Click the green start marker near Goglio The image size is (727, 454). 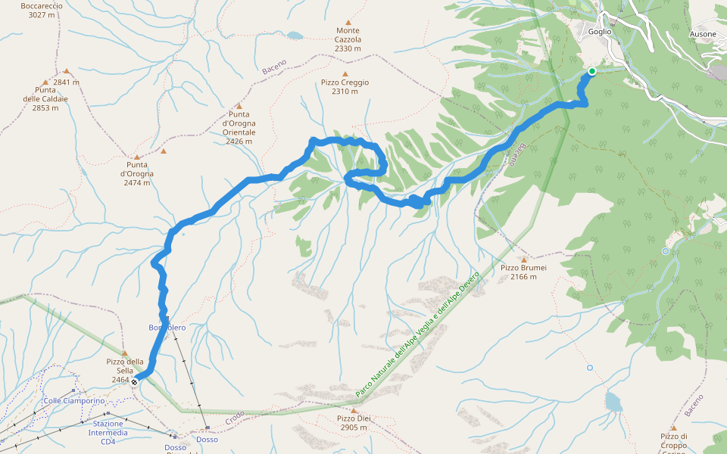(591, 72)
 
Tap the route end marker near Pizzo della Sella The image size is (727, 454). (135, 382)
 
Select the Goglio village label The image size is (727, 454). (599, 32)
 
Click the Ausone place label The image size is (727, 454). (703, 34)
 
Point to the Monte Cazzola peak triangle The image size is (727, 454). (348, 23)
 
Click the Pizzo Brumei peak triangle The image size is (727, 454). (523, 260)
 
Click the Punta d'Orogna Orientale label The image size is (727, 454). (239, 123)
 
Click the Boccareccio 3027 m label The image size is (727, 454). (42, 10)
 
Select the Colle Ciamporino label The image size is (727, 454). (74, 401)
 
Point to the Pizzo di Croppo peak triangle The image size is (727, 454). (673, 428)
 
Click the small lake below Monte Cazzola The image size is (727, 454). (294, 35)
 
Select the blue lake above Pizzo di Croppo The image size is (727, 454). (613, 403)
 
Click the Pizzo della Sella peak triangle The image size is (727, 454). (125, 353)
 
